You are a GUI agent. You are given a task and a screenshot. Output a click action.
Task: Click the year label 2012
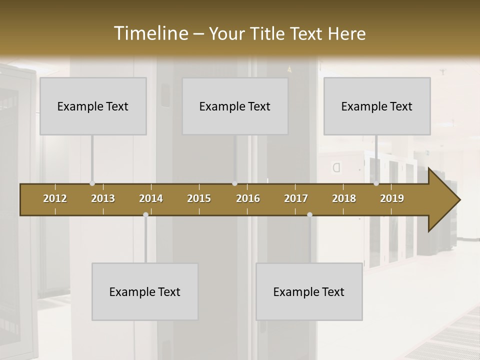click(55, 198)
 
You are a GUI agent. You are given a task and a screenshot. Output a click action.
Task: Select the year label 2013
click(103, 198)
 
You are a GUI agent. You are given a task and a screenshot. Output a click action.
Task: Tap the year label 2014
click(151, 198)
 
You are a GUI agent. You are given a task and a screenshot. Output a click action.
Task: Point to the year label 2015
click(199, 198)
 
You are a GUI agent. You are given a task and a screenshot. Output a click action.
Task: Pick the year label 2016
click(248, 198)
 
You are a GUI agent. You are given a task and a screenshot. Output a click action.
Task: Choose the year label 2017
click(296, 198)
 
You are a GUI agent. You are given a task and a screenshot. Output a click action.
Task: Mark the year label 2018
click(344, 198)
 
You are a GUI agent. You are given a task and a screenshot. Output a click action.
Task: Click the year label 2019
click(392, 198)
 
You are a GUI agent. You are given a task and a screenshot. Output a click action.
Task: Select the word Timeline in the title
click(151, 33)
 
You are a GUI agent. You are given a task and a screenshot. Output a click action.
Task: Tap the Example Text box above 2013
click(93, 106)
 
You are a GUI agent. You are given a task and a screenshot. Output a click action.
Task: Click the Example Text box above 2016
click(235, 106)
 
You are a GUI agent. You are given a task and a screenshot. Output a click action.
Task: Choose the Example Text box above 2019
click(377, 106)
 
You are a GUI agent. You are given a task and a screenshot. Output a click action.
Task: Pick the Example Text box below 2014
click(145, 291)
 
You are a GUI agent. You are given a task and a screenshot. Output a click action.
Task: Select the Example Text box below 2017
click(309, 291)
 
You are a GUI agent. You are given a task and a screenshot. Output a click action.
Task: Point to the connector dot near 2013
click(92, 183)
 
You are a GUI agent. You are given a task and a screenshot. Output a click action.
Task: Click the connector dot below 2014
click(145, 215)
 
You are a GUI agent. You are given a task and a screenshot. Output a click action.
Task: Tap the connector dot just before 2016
click(234, 183)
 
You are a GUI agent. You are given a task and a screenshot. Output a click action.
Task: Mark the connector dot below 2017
click(309, 215)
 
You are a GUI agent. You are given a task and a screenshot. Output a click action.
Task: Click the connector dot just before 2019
click(376, 183)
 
